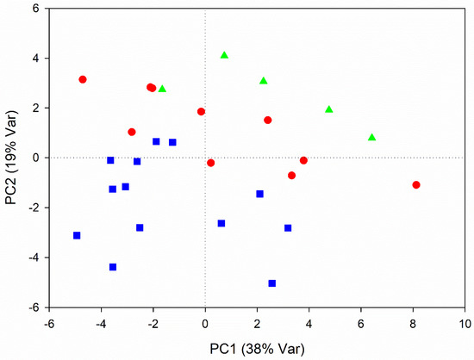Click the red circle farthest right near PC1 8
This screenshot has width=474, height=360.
416,184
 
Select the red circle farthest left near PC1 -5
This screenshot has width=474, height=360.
83,79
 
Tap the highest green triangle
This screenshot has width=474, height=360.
224,55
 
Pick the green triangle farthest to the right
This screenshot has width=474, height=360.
371,137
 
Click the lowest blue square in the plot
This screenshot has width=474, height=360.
272,282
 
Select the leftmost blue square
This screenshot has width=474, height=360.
77,235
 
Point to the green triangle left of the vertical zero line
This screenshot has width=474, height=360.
162,89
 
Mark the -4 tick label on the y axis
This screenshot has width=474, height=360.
34,258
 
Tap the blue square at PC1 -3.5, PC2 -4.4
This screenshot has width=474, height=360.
113,267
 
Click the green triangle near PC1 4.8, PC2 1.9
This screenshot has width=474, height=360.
329,109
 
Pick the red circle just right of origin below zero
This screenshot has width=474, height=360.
210,163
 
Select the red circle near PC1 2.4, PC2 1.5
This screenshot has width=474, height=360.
267,120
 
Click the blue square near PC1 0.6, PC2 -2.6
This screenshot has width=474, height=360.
221,223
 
